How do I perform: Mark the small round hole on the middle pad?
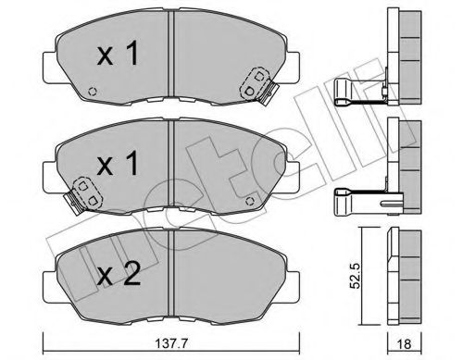(x=248, y=195)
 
